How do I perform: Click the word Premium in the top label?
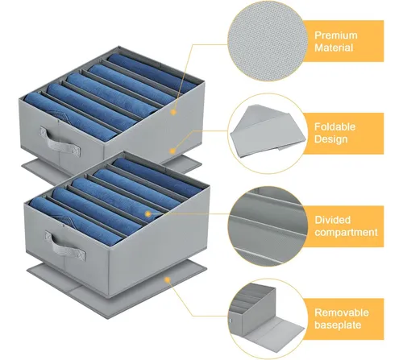tap(336, 35)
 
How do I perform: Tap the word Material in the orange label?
tap(334, 48)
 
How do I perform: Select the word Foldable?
tap(334, 126)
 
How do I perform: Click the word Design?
tap(331, 139)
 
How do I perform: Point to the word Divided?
tap(333, 220)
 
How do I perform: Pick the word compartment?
tap(346, 233)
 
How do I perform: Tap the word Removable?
tap(342, 312)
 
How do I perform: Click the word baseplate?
tap(338, 325)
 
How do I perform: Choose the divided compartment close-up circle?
tap(268, 226)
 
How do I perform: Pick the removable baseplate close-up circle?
tap(268, 319)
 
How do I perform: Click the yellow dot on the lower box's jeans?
tap(147, 214)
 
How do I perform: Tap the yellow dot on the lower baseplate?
tap(168, 280)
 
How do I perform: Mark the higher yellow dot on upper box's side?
tap(173, 112)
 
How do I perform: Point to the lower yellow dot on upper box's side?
tap(172, 151)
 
